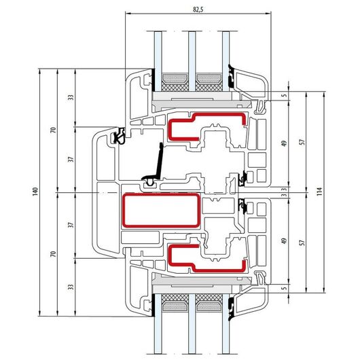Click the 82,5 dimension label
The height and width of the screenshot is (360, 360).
pos(198,10)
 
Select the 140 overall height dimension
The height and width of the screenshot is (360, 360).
pos(35,192)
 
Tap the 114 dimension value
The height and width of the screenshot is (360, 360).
pos(320,192)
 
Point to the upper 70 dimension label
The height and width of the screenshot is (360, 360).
pos(53,130)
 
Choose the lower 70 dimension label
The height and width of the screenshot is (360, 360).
pos(53,254)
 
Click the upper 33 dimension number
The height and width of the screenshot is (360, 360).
pos(71,97)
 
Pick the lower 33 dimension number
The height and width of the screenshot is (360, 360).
pos(71,287)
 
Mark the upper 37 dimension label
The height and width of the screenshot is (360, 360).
pos(71,159)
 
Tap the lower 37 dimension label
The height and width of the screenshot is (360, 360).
pos(71,225)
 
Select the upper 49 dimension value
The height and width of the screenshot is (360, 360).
pos(284,143)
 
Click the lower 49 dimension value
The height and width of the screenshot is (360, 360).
pos(284,241)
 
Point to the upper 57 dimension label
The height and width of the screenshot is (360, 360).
pos(302,142)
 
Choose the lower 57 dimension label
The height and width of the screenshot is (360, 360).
pos(302,242)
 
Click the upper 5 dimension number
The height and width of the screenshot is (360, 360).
pos(284,95)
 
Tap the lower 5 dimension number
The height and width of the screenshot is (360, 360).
pos(284,288)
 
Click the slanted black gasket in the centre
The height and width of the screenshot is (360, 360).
pos(159,161)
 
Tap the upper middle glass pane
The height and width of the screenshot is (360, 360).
pos(192,61)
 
